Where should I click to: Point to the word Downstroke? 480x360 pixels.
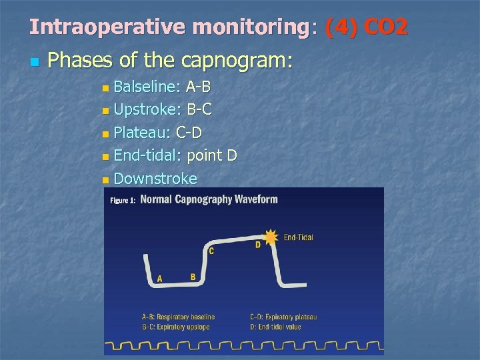[155, 179]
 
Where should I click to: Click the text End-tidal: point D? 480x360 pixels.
[175, 155]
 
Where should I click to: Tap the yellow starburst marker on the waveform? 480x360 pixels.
[270, 237]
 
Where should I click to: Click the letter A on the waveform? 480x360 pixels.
[160, 278]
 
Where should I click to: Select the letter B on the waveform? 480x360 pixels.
[193, 277]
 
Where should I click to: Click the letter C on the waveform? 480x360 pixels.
[211, 251]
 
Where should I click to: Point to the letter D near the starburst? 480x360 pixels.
[258, 245]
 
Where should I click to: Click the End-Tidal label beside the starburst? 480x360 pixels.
[298, 237]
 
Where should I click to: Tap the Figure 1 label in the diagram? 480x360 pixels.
[123, 200]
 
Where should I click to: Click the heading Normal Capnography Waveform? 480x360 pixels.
[209, 199]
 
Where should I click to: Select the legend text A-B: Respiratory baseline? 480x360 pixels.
[178, 317]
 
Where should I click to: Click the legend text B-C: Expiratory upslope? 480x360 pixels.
[175, 327]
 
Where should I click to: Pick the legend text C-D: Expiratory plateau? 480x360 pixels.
[283, 317]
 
